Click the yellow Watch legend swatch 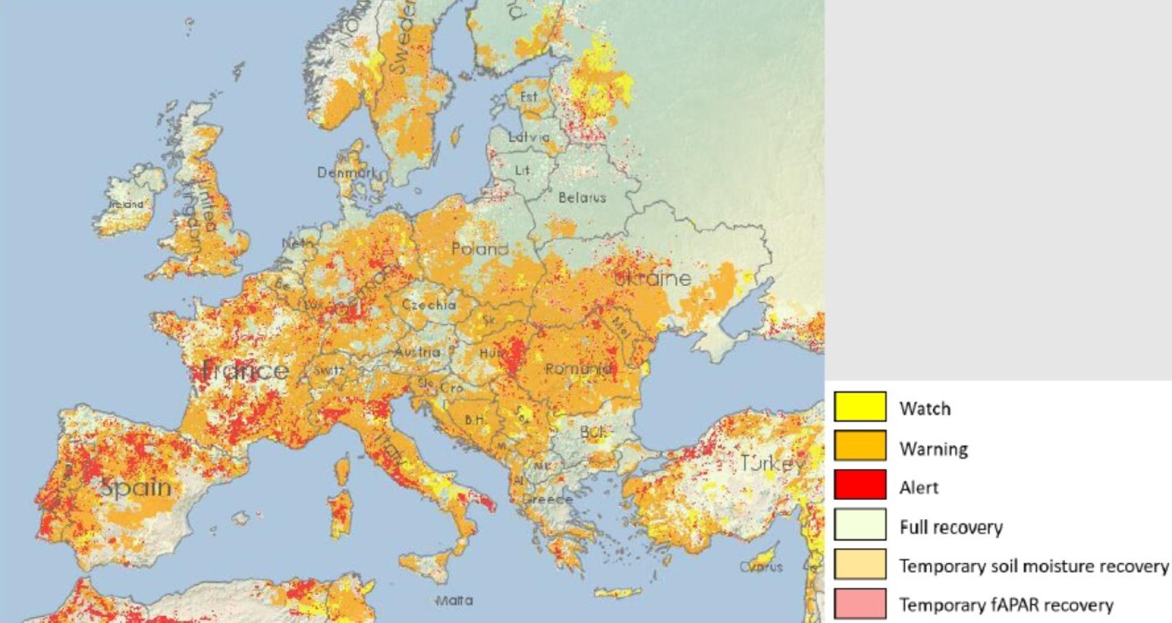pyautogui.click(x=859, y=406)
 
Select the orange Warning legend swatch pyautogui.click(x=859, y=446)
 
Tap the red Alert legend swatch pyautogui.click(x=859, y=485)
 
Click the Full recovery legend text pyautogui.click(x=951, y=527)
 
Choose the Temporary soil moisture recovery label pyautogui.click(x=1033, y=566)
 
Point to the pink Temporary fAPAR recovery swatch pyautogui.click(x=859, y=603)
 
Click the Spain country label pyautogui.click(x=136, y=487)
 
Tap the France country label pyautogui.click(x=245, y=371)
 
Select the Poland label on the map pyautogui.click(x=480, y=248)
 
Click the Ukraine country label pyautogui.click(x=653, y=278)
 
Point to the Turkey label pyautogui.click(x=772, y=463)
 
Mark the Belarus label pyautogui.click(x=582, y=197)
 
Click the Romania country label pyautogui.click(x=578, y=369)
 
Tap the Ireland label pyautogui.click(x=126, y=204)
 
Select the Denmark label pyautogui.click(x=346, y=172)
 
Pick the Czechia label pyautogui.click(x=429, y=304)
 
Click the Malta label pyautogui.click(x=454, y=600)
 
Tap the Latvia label pyautogui.click(x=528, y=137)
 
